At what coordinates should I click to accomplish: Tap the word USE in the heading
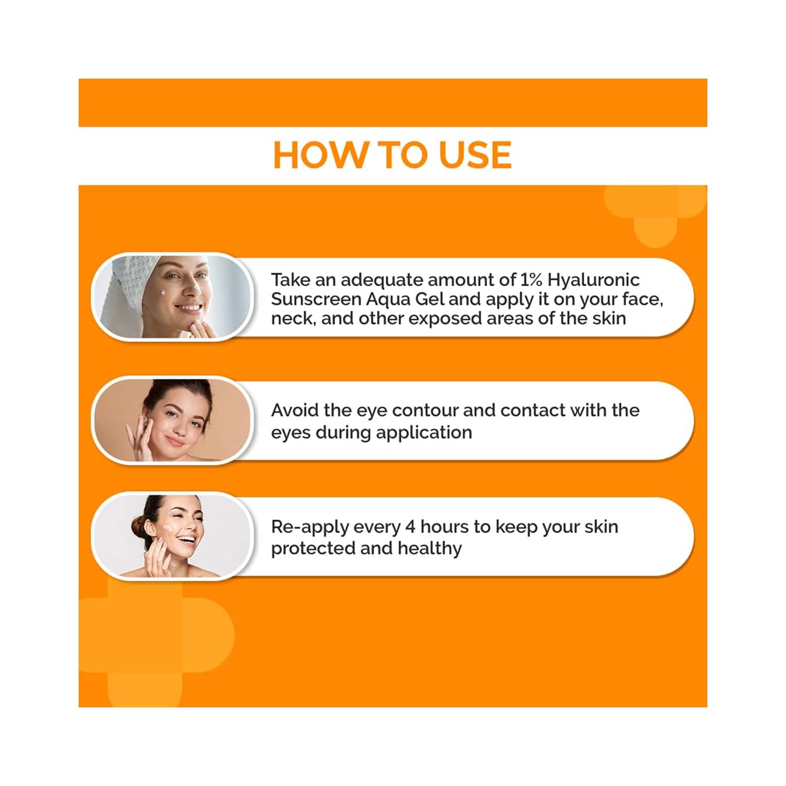(x=475, y=155)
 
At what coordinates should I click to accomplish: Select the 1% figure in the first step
(x=531, y=280)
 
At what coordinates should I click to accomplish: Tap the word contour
(x=425, y=411)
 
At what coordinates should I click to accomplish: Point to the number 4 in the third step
(x=410, y=526)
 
